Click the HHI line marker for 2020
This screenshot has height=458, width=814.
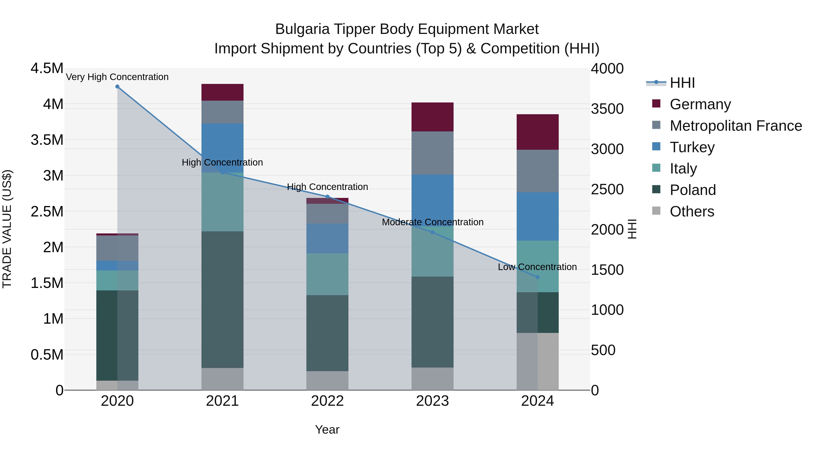[x=117, y=87]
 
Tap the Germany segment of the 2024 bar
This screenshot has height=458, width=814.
[x=537, y=132]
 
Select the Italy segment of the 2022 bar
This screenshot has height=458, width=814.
[x=327, y=274]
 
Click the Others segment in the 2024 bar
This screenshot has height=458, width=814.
[x=537, y=361]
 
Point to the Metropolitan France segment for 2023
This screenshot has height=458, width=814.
[x=432, y=153]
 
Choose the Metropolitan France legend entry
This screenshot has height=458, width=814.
[x=736, y=126]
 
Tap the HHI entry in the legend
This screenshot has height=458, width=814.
[x=682, y=83]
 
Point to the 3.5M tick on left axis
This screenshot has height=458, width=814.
[x=47, y=140]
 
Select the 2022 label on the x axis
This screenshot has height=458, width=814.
[x=327, y=401]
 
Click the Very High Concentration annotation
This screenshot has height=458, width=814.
[x=117, y=77]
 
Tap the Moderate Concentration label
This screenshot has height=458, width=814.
[x=433, y=222]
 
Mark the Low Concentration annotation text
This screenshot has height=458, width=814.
[x=537, y=267]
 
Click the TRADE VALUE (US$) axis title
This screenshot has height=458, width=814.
[x=7, y=229]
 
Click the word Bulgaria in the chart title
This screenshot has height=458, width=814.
[x=302, y=29]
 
